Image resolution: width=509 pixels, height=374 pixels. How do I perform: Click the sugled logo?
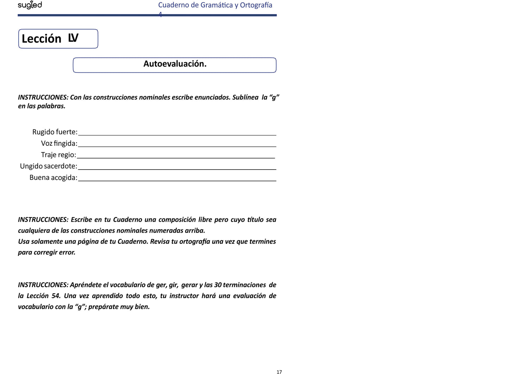click(x=30, y=5)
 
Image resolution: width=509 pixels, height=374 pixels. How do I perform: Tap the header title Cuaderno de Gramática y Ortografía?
click(x=215, y=5)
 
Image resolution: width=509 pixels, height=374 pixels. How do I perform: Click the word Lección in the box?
click(x=42, y=39)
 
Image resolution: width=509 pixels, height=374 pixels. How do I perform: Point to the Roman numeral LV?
click(x=73, y=38)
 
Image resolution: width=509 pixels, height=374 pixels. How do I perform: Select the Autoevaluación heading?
click(x=175, y=64)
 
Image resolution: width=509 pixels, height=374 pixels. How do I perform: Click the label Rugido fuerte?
click(x=55, y=132)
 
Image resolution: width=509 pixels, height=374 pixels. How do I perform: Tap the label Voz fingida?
click(x=59, y=144)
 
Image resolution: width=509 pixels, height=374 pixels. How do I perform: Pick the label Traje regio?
click(x=58, y=155)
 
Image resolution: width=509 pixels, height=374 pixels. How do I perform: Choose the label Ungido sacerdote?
click(x=48, y=166)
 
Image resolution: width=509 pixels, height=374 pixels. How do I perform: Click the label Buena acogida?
click(x=53, y=178)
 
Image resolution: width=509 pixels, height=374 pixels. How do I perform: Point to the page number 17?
click(x=279, y=372)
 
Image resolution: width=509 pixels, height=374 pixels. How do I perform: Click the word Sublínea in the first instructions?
click(x=245, y=97)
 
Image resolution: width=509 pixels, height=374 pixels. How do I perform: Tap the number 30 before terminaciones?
click(x=218, y=285)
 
